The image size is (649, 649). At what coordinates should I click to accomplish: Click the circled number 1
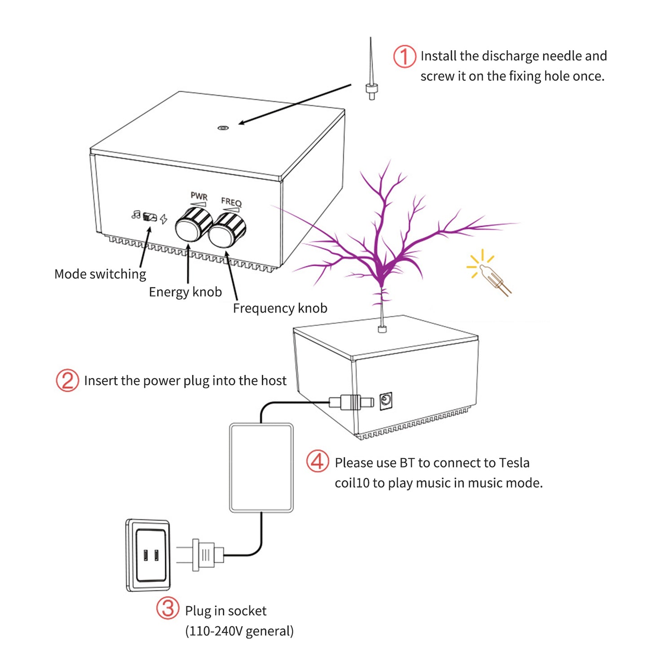click(404, 57)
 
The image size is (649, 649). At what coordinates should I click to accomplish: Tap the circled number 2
click(67, 380)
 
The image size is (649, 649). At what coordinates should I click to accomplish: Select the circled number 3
click(168, 608)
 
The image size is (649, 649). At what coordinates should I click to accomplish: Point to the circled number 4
click(318, 461)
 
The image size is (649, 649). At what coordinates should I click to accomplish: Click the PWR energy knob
click(193, 224)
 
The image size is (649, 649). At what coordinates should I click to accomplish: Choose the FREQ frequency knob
click(227, 230)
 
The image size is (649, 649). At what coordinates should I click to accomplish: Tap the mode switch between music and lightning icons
click(150, 217)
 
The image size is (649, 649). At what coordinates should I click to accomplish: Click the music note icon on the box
click(136, 215)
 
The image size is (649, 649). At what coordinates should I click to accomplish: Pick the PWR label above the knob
click(199, 196)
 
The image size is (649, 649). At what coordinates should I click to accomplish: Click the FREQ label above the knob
click(231, 202)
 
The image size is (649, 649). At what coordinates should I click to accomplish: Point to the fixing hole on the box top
click(223, 128)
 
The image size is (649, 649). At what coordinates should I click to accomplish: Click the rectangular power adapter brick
click(261, 468)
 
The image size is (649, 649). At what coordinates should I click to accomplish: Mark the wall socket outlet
click(149, 555)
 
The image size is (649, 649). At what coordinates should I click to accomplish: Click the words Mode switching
click(100, 274)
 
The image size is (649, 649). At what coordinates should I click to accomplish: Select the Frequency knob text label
click(280, 308)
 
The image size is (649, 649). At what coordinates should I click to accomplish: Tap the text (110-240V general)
click(239, 631)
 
